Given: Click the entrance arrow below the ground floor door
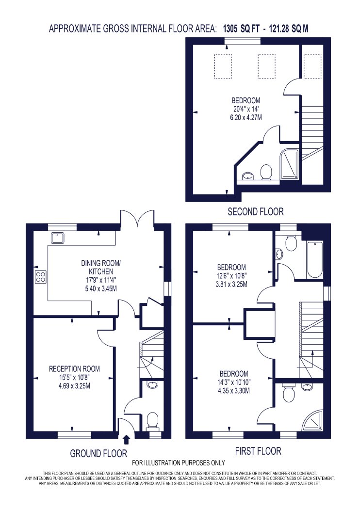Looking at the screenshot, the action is coord(127,440).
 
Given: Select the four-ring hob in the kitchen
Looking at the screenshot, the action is coord(41,277).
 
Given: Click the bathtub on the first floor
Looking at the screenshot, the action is coord(314,259).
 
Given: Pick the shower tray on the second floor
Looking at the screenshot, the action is coord(289,164).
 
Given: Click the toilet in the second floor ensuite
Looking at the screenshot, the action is coord(266,172).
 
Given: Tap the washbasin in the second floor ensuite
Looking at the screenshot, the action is coord(249,176).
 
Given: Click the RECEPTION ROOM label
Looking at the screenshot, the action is coord(74,369).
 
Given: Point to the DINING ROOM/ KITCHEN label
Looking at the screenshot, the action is coord(101,267).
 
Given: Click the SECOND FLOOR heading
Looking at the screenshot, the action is coord(255,212).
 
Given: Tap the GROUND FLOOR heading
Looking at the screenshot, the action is coord(98,453).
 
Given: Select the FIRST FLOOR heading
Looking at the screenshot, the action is coord(258,451).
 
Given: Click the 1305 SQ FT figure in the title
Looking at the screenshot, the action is coord(241,29).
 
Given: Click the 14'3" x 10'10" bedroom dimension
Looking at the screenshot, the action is coord(234,382).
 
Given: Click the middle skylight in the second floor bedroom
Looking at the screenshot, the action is coord(266,65).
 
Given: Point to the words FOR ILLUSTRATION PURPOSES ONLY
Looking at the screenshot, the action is coord(179,462).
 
